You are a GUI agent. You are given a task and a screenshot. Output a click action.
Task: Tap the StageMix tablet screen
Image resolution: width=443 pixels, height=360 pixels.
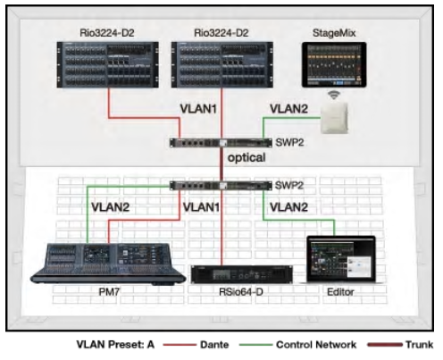click(336, 66)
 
